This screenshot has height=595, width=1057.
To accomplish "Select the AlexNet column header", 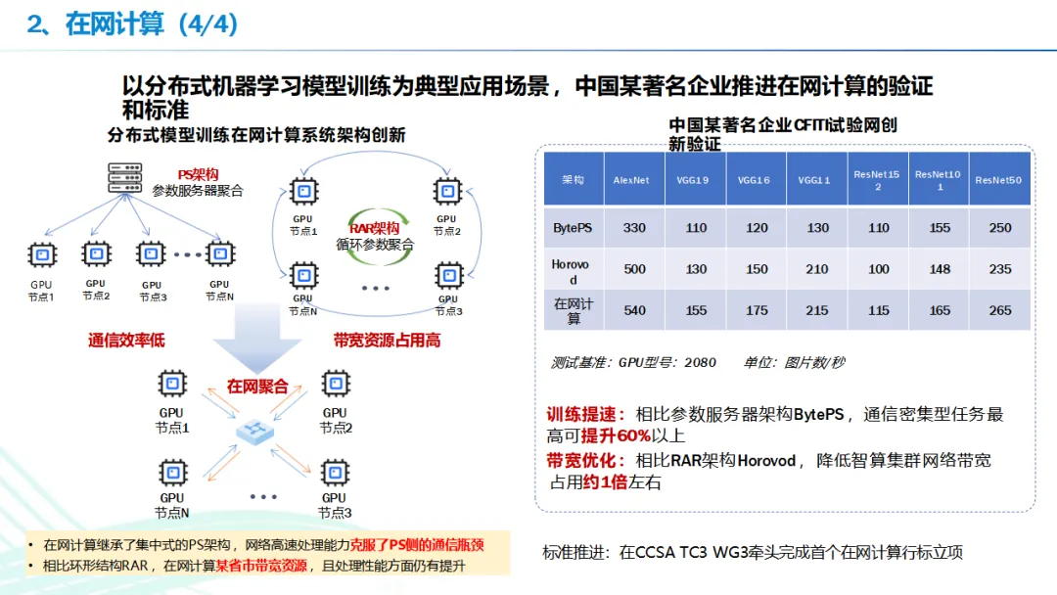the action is pyautogui.click(x=631, y=180).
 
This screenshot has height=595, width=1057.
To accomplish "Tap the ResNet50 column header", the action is pyautogui.click(x=998, y=180).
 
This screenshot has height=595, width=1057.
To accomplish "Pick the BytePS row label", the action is pyautogui.click(x=574, y=228).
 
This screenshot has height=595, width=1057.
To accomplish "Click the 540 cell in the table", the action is pyautogui.click(x=634, y=310).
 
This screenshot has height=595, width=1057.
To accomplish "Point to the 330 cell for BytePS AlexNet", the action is pyautogui.click(x=634, y=228).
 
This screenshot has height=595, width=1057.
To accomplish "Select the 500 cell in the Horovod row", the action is pyautogui.click(x=634, y=269).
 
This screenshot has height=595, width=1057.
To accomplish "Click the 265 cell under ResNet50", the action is pyautogui.click(x=999, y=310).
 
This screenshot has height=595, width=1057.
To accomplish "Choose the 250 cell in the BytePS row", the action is pyautogui.click(x=999, y=228).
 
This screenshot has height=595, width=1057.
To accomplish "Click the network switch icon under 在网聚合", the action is pyautogui.click(x=256, y=431).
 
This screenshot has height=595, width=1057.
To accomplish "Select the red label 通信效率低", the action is pyautogui.click(x=126, y=341).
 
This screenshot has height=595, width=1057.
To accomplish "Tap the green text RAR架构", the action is pyautogui.click(x=374, y=227).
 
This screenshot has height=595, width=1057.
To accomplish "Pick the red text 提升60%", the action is pyautogui.click(x=616, y=435).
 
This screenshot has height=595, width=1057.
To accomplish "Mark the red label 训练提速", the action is pyautogui.click(x=584, y=414).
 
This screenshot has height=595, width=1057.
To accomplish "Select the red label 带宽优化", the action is pyautogui.click(x=584, y=460).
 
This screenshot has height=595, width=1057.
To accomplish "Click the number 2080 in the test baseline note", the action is pyautogui.click(x=700, y=362).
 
